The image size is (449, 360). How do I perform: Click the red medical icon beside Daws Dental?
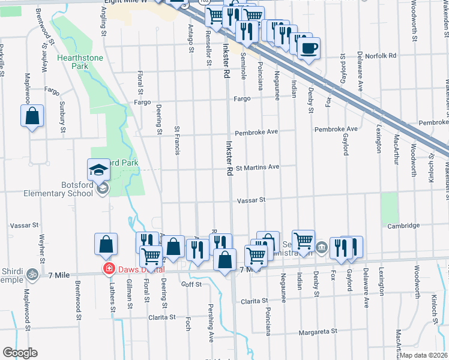109,269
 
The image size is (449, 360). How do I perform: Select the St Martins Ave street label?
258,167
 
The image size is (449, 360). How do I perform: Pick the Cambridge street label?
403,226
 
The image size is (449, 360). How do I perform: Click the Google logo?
20,353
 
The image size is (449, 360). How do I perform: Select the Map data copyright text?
424,355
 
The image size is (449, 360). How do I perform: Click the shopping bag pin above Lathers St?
106,245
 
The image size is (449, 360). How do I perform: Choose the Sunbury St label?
62,116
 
